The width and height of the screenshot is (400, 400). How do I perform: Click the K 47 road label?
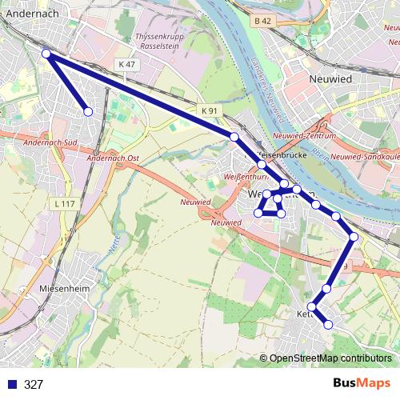coord(126,64)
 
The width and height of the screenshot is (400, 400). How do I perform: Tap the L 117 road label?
coord(66,205)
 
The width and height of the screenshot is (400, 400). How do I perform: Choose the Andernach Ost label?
coord(111,158)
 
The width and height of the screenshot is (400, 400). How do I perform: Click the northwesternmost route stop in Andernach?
coord(46,54)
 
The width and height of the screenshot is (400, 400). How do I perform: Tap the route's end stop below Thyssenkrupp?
coord(88,112)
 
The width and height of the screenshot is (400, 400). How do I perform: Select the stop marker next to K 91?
coord(234,138)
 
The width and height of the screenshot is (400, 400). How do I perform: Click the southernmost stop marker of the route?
coord(328,324)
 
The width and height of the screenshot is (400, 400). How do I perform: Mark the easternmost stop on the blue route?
coord(354,236)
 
